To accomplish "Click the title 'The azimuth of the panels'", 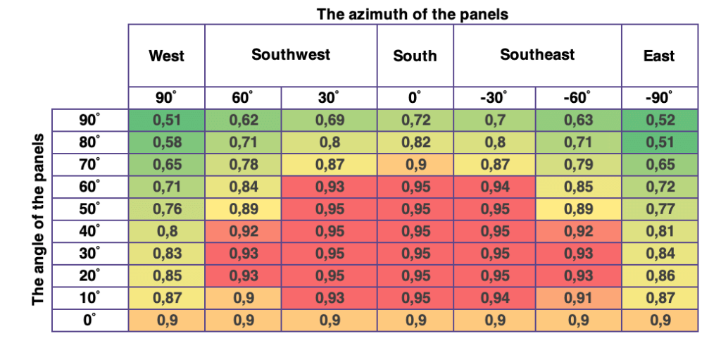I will [x=412, y=13].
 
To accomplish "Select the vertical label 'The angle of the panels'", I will [x=39, y=219].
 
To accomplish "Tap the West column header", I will [x=166, y=56].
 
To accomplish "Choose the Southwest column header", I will [x=290, y=54].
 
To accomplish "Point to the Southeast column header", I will [x=537, y=54].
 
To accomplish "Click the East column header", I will [x=659, y=56].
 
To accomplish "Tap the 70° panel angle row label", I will [x=89, y=165].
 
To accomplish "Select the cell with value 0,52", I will [x=660, y=120].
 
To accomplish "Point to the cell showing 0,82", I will [x=415, y=142].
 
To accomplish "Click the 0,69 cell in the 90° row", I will [x=329, y=120].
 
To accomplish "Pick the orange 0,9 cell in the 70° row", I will [x=415, y=165].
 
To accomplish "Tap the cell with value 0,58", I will [x=166, y=142].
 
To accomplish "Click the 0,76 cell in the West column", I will [x=166, y=210].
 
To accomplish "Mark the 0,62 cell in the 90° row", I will [x=243, y=120].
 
